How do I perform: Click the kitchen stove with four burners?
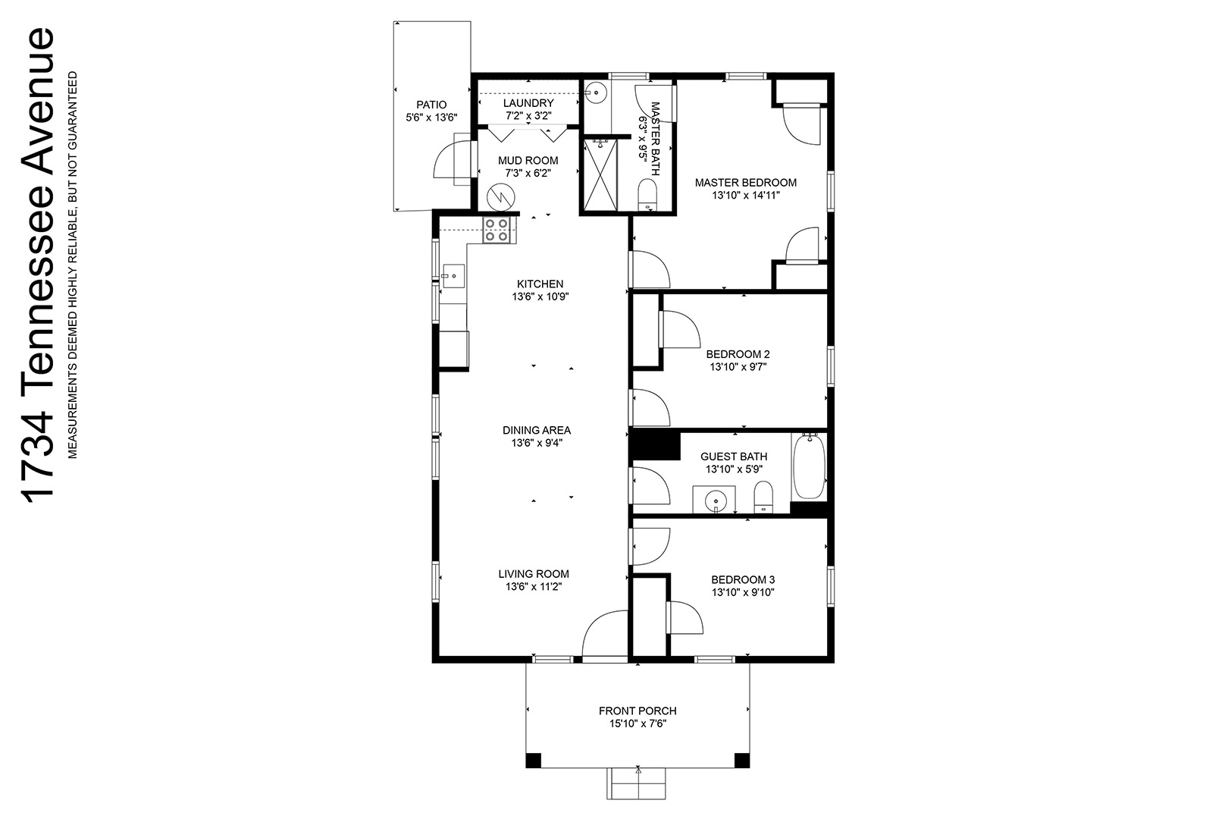point(500,230)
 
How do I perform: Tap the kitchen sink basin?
point(453,276)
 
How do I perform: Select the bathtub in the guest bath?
point(809,466)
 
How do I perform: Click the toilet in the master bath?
point(647,196)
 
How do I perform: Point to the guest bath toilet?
point(763,497)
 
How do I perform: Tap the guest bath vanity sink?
point(715,500)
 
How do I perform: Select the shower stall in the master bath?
point(600,175)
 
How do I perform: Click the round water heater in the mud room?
point(501,197)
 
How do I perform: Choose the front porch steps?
point(636,783)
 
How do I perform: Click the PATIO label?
point(431,105)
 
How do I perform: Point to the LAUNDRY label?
point(528,103)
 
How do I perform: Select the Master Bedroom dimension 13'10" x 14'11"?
point(746,196)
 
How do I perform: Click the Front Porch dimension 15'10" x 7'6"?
point(637,723)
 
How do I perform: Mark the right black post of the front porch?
point(742,761)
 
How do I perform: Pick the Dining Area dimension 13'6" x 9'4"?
point(537,443)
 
